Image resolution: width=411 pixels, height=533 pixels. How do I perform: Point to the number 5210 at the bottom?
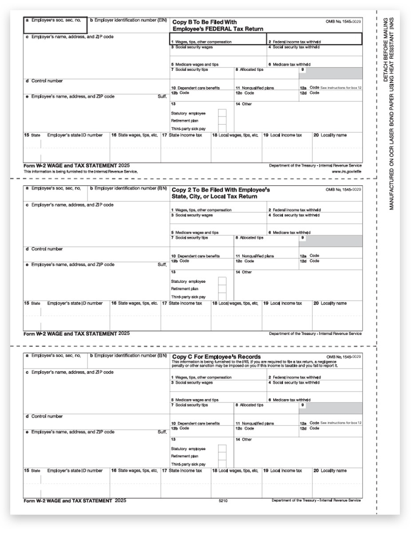(x=223, y=501)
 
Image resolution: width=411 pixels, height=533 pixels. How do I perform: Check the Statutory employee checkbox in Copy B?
(x=222, y=113)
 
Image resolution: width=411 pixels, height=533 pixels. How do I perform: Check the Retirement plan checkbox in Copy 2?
(x=222, y=289)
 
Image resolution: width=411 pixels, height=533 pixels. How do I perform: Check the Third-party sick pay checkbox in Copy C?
(x=222, y=463)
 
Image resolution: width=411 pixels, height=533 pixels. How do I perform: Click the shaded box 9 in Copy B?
(x=333, y=72)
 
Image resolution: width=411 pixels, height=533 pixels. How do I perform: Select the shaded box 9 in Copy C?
(x=333, y=408)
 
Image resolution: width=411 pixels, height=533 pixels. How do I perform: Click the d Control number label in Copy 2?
(x=44, y=249)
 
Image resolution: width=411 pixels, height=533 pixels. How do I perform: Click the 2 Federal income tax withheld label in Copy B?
(x=294, y=42)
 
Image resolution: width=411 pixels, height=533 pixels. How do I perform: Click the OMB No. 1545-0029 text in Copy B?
(x=343, y=21)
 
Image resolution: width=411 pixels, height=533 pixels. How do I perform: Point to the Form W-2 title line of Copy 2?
(x=76, y=333)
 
